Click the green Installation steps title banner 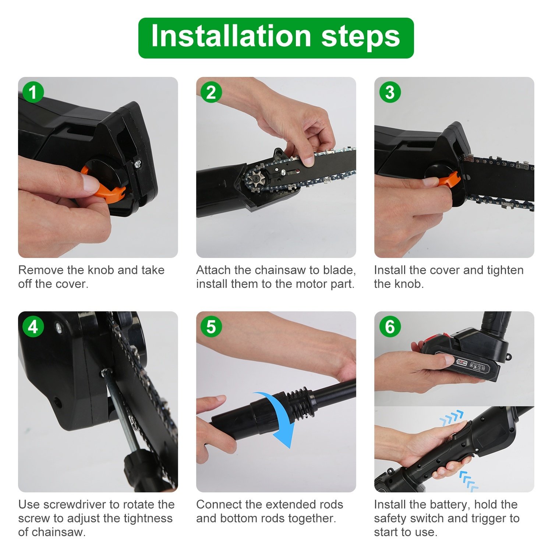coord(276,38)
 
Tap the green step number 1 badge coord(33,92)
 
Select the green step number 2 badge coord(211,92)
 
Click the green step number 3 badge coord(390,92)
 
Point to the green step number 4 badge coord(33,326)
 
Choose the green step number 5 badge coord(211,326)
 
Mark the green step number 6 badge coord(390,326)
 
